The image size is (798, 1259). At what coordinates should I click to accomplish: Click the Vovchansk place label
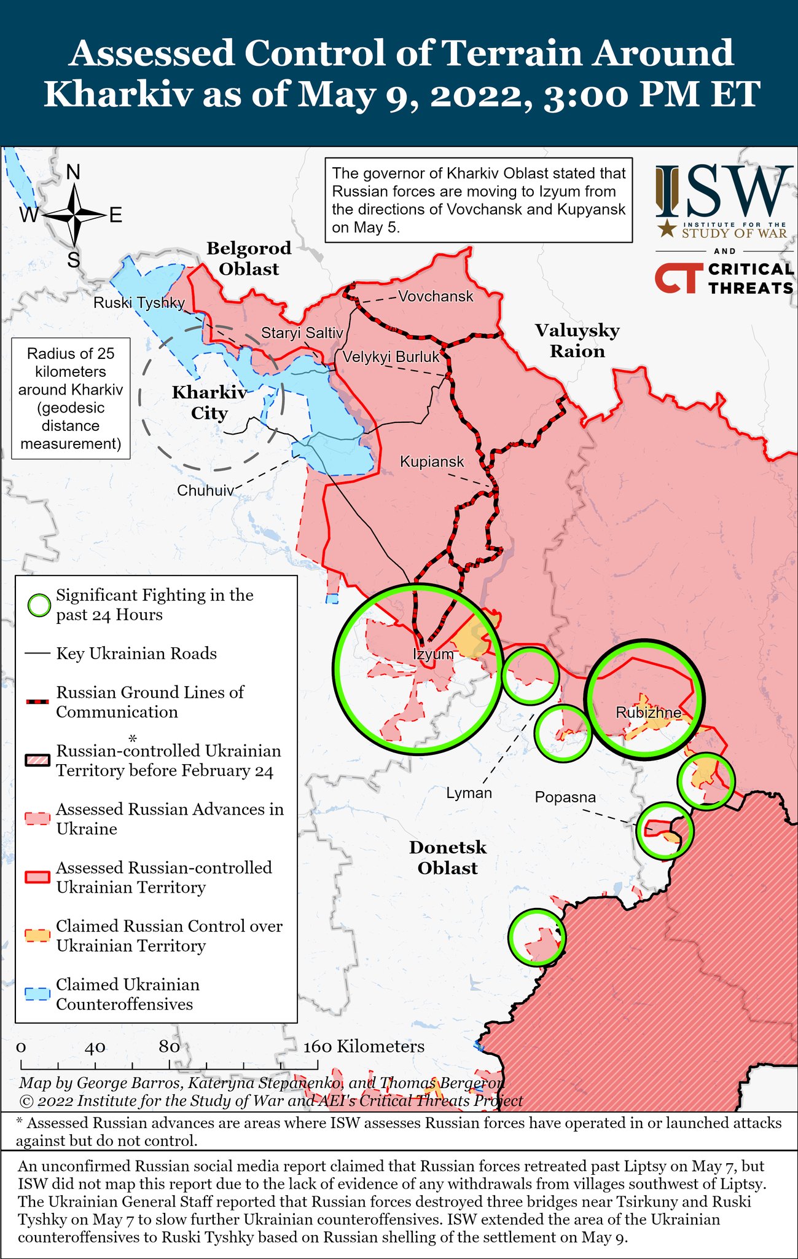click(x=436, y=296)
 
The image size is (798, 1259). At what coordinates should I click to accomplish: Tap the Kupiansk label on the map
click(x=432, y=461)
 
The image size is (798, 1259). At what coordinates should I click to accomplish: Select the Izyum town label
click(x=432, y=654)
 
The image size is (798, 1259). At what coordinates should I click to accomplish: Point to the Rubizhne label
click(x=648, y=712)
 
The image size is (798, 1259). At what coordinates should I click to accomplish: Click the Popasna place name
click(x=565, y=797)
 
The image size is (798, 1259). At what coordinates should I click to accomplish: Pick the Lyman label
click(x=469, y=793)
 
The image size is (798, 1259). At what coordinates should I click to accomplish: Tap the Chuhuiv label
click(x=205, y=491)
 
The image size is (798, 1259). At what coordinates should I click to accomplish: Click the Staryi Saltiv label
click(x=302, y=333)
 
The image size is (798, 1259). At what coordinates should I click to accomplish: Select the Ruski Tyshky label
click(x=139, y=303)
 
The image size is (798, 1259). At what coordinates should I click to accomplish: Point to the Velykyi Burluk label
click(x=391, y=357)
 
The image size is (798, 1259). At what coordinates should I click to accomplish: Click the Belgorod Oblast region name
click(x=249, y=259)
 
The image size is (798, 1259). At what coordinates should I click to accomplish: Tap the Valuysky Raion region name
click(x=577, y=341)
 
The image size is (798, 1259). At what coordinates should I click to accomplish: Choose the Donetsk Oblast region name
click(x=448, y=858)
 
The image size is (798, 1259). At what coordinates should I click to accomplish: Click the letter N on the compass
click(x=73, y=172)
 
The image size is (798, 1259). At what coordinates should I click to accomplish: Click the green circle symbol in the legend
click(x=39, y=606)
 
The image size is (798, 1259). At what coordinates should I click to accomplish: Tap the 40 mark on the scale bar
click(x=95, y=1047)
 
